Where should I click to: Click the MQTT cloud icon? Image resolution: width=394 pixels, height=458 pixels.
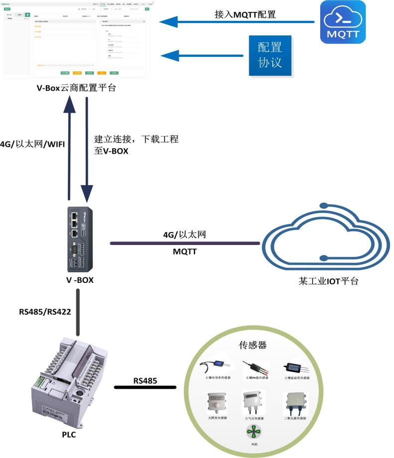[x=343, y=22]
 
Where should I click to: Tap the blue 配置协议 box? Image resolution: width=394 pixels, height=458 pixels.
[x=270, y=55]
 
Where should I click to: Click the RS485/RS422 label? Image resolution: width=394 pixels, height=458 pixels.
[x=43, y=313]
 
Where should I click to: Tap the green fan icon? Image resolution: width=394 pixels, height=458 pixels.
[x=254, y=431]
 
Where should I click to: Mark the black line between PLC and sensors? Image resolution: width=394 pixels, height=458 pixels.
[x=145, y=387]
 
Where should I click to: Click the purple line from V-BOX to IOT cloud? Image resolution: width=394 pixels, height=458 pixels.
[x=185, y=243]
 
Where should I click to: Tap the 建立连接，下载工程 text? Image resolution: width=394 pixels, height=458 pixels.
[x=136, y=140]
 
